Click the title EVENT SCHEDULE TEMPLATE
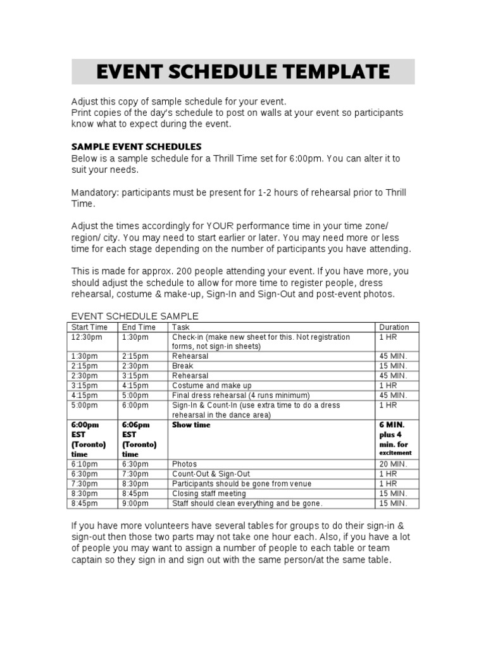click(243, 72)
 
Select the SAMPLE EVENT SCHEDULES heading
click(136, 147)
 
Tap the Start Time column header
click(89, 327)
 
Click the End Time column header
click(139, 327)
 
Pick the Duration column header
click(394, 327)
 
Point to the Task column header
click(181, 327)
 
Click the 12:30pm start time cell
click(85, 337)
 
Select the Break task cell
click(182, 366)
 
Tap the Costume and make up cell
click(211, 385)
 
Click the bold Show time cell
click(191, 425)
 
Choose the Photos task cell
click(184, 464)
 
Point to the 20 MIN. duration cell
click(393, 464)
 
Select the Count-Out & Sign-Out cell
click(211, 474)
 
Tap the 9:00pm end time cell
click(135, 503)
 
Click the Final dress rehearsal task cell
click(240, 395)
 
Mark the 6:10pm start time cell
click(85, 464)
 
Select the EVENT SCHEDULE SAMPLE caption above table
click(135, 316)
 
